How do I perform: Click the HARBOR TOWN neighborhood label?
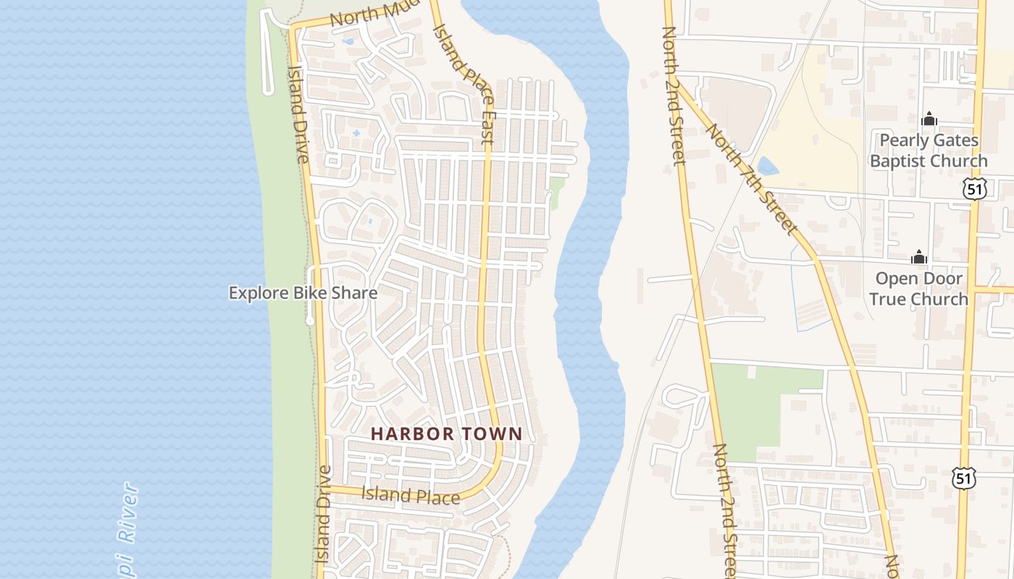[446, 434]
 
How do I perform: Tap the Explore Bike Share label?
[303, 293]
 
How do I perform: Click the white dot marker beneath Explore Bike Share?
[310, 320]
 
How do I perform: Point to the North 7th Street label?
[751, 179]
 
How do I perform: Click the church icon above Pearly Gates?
[929, 119]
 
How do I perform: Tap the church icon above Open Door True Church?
[918, 257]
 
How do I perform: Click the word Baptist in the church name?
[903, 161]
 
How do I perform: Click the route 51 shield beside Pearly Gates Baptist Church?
[975, 190]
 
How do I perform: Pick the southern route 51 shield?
[965, 478]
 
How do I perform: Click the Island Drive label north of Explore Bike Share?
[298, 112]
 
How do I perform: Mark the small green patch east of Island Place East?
[556, 192]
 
